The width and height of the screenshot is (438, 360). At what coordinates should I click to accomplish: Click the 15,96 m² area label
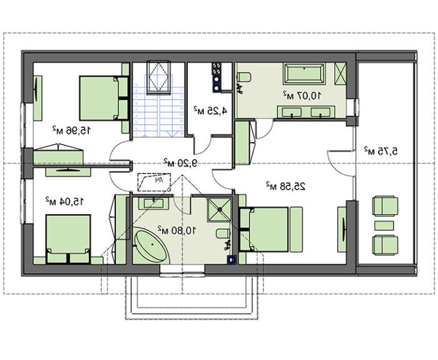[71, 130]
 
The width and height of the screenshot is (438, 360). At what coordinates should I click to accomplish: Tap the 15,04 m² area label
[64, 201]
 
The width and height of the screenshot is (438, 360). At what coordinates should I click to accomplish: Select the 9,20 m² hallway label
[180, 162]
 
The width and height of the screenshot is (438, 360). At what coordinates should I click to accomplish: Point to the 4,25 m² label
[210, 111]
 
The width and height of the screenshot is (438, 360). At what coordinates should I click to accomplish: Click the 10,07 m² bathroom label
[302, 95]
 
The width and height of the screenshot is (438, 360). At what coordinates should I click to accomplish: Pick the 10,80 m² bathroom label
[177, 230]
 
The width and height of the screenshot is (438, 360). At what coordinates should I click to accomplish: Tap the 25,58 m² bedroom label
[285, 186]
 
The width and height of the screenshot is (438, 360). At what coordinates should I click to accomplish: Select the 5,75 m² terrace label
[380, 151]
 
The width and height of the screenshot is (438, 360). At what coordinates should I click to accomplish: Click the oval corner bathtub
[151, 245]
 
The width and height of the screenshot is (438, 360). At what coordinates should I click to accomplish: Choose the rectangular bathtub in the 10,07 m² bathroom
[304, 74]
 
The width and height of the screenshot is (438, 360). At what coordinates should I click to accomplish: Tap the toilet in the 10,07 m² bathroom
[244, 77]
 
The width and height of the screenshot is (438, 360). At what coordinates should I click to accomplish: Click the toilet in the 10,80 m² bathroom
[223, 234]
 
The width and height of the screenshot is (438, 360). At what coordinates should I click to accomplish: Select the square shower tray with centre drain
[220, 209]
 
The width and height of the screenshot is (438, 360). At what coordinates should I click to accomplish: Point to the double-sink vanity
[306, 112]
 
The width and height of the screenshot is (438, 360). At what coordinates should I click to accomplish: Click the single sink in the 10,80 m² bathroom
[153, 203]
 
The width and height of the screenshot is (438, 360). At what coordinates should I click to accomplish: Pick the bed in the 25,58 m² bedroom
[268, 230]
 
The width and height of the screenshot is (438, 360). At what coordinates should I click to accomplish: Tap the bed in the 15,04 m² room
[68, 239]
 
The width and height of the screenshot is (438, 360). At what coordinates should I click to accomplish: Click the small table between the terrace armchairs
[384, 225]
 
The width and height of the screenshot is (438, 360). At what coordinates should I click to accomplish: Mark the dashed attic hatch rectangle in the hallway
[154, 183]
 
